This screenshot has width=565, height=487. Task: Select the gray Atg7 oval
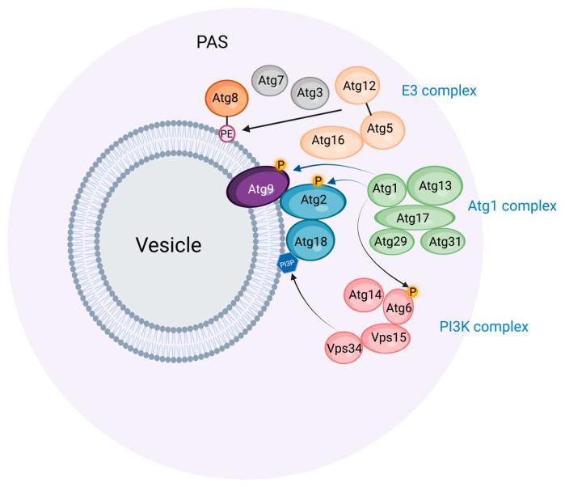point(268,81)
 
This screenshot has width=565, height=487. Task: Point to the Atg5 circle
point(382,129)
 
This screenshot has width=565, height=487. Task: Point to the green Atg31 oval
point(445,243)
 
